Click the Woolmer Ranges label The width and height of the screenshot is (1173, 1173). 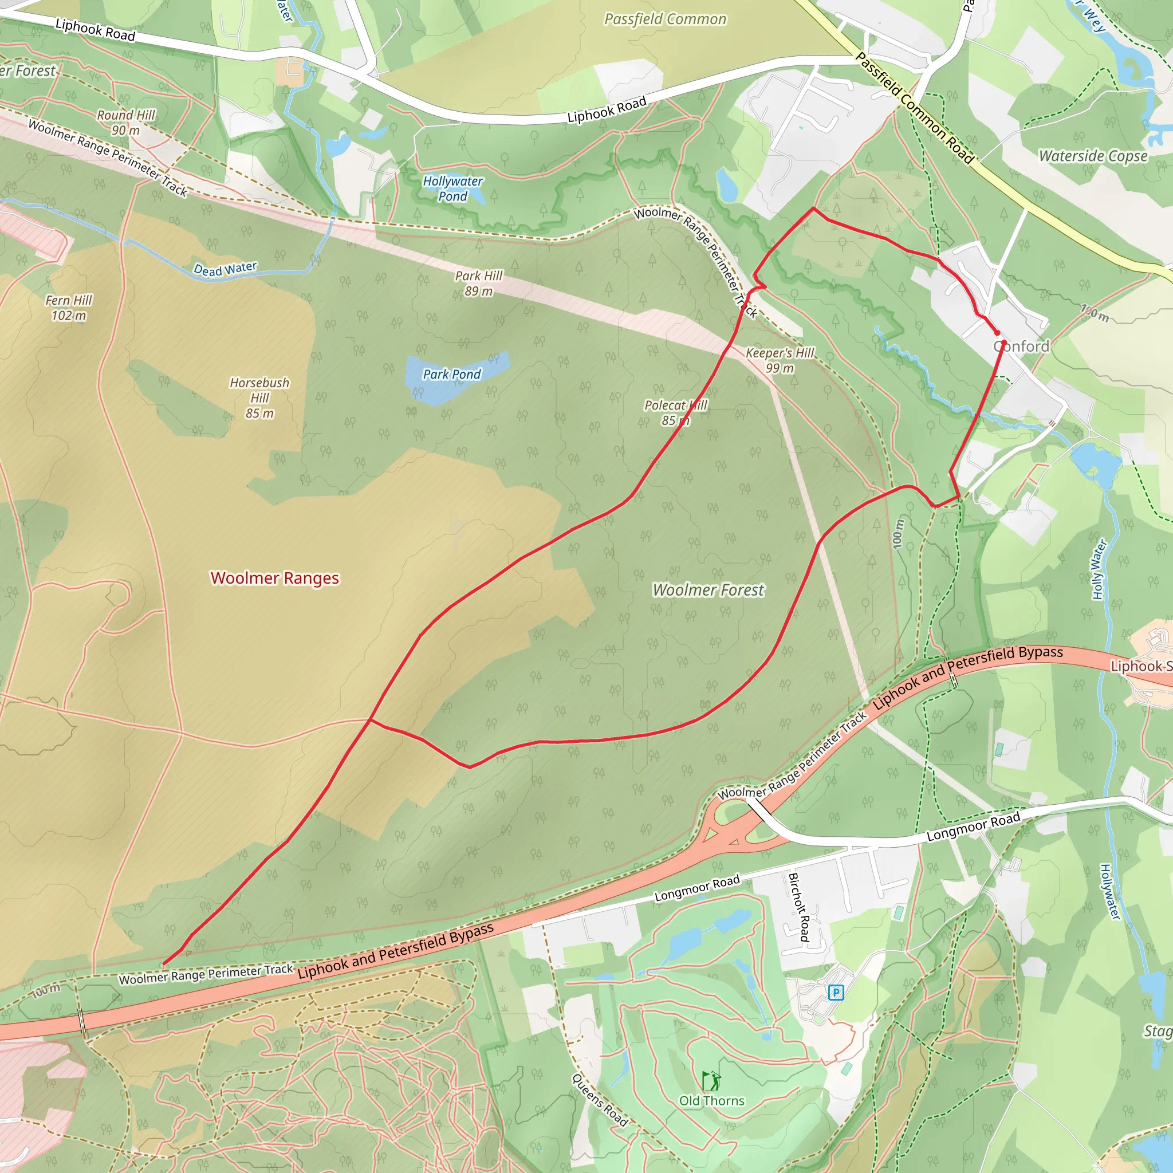[274, 577]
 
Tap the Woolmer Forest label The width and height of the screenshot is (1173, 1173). [708, 589]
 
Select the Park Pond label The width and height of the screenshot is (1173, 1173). [452, 374]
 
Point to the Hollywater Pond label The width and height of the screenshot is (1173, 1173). [453, 188]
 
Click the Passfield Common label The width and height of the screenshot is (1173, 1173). [665, 19]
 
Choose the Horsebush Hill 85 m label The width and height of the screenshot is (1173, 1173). [259, 397]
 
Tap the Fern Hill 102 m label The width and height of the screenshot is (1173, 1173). [69, 307]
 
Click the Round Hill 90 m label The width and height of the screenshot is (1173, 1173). [125, 122]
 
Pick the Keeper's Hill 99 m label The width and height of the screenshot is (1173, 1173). [780, 360]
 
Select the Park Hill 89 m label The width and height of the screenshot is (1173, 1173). [478, 283]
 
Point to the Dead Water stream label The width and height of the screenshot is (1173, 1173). [225, 269]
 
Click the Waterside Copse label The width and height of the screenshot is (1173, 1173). [1093, 156]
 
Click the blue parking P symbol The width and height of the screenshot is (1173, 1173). [836, 993]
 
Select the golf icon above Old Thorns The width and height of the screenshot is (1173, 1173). [711, 1080]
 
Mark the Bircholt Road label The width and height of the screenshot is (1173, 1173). [798, 907]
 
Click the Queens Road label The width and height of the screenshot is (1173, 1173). [599, 1100]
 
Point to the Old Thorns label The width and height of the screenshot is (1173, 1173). [711, 1100]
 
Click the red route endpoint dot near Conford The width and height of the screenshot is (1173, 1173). [997, 333]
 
